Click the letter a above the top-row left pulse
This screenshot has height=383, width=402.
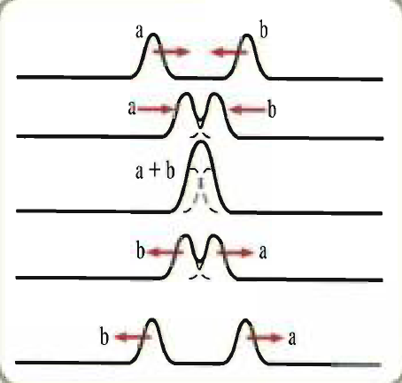[139, 31]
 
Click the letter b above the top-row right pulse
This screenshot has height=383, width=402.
[264, 29]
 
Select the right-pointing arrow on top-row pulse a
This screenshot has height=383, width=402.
[171, 52]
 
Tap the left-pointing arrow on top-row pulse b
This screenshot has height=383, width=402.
[229, 52]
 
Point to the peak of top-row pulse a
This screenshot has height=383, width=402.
[153, 34]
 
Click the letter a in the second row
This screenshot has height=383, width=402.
[132, 108]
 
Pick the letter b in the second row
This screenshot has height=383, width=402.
[272, 109]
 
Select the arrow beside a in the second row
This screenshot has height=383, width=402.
[156, 110]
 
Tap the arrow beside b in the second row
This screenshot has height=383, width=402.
[248, 110]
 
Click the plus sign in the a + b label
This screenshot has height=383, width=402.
[153, 171]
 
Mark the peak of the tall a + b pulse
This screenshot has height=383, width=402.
[201, 142]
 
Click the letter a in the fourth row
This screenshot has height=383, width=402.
[263, 252]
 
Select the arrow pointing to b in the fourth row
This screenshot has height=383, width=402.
[164, 252]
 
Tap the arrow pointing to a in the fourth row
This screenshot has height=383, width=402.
[236, 253]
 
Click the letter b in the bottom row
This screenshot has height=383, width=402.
[104, 336]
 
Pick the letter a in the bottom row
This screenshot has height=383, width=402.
[292, 338]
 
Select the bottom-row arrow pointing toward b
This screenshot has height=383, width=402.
[132, 337]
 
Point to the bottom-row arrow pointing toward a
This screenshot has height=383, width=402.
[267, 338]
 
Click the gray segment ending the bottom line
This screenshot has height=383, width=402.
[356, 365]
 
